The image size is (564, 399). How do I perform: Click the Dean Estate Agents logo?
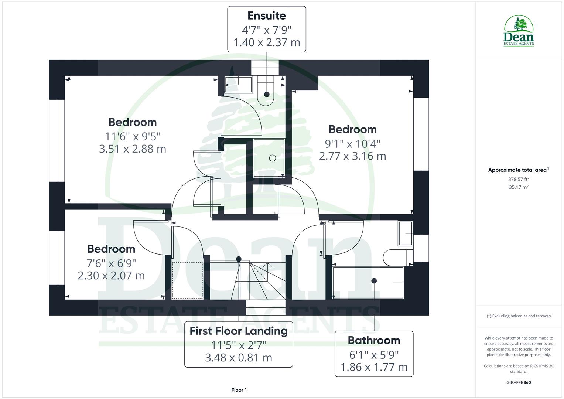point(519,31)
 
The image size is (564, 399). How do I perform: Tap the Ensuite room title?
point(266,16)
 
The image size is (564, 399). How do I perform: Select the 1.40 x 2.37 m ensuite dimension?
point(266,42)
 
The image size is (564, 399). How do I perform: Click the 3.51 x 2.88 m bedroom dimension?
point(133,149)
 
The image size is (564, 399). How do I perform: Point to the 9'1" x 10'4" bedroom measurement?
point(352,143)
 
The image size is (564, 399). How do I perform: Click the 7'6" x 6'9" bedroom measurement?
point(111,263)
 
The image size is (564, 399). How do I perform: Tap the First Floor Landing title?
point(239,331)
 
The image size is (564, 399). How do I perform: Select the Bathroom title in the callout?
point(374,340)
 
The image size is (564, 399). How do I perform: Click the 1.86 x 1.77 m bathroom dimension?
point(374,367)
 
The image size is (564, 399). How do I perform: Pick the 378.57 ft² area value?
point(519,179)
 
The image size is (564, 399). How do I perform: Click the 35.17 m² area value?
point(519,187)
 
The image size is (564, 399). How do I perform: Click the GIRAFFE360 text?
point(519,383)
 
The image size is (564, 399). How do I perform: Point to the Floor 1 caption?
point(239,390)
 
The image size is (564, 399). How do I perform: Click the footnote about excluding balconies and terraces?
point(519,316)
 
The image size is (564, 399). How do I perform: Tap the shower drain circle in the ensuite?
point(273,158)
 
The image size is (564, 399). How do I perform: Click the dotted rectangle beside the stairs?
point(187,280)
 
